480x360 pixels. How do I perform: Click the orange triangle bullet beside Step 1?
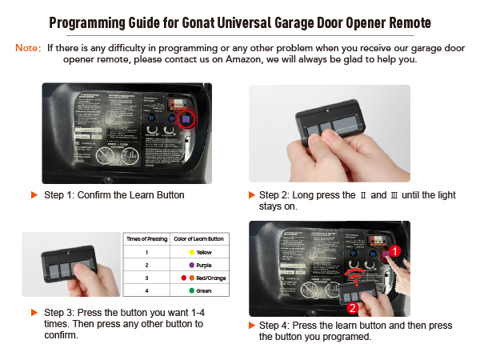point(34,194)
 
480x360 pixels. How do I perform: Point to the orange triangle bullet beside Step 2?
point(254,194)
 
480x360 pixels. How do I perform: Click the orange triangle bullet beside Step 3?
point(34,311)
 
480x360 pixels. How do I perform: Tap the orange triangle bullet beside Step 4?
point(254,326)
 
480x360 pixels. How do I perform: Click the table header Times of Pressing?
point(146,238)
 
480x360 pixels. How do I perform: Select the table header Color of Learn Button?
point(198,238)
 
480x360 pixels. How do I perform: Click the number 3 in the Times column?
point(146,278)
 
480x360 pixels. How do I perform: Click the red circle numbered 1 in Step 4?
point(394,251)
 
